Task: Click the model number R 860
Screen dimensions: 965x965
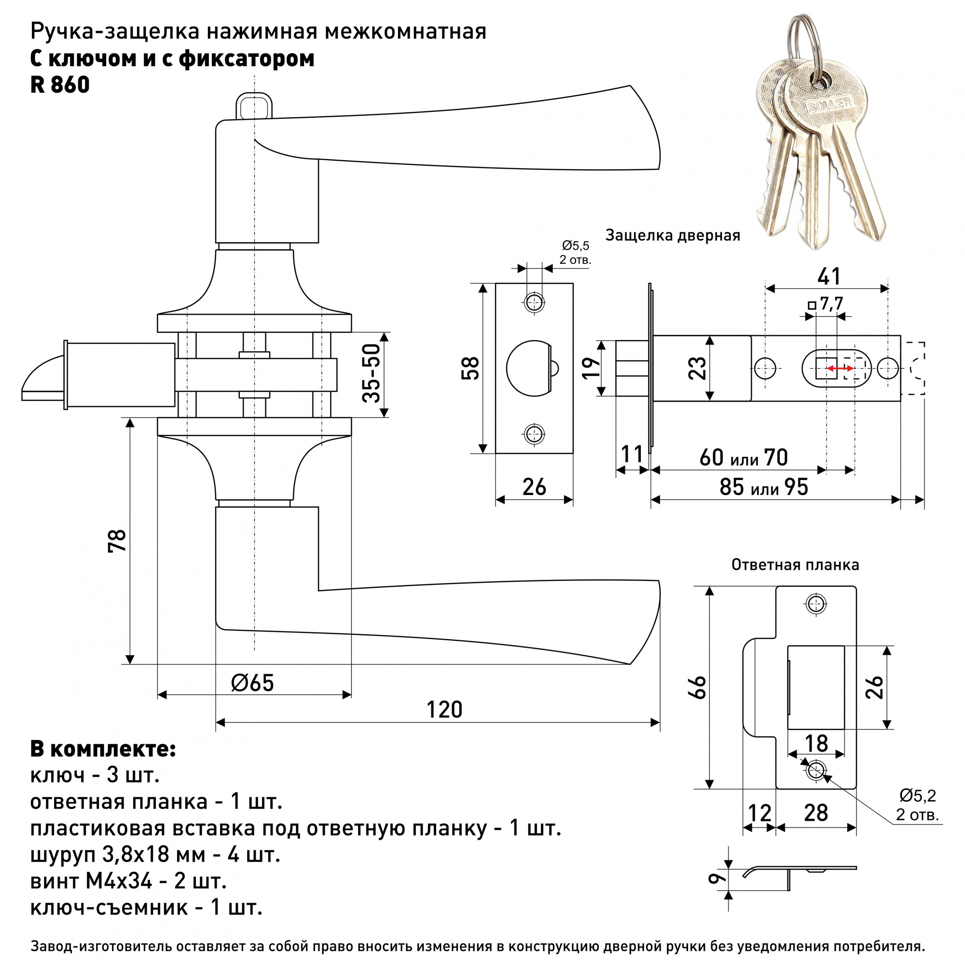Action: [x=60, y=85]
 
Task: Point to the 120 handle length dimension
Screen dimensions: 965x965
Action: [x=444, y=710]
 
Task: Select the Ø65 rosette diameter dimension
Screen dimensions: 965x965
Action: [x=253, y=683]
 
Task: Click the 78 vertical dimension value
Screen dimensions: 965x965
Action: [x=118, y=540]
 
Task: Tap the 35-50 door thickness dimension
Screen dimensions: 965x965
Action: [x=372, y=373]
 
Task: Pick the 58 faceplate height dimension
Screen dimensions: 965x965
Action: [x=471, y=368]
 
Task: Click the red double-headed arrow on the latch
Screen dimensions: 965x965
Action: [x=840, y=369]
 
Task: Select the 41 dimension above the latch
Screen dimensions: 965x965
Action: [x=828, y=276]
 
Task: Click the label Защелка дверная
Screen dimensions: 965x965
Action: [x=672, y=235]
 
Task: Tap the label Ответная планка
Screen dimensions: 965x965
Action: [x=795, y=565]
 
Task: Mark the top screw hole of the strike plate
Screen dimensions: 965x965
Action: [x=816, y=604]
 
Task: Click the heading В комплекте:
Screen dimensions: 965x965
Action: [x=103, y=749]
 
